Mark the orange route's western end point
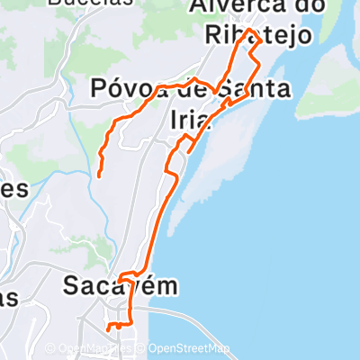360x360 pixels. [99, 174]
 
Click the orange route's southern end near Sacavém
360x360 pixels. [109, 328]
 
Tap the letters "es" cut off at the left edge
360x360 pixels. [14, 189]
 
